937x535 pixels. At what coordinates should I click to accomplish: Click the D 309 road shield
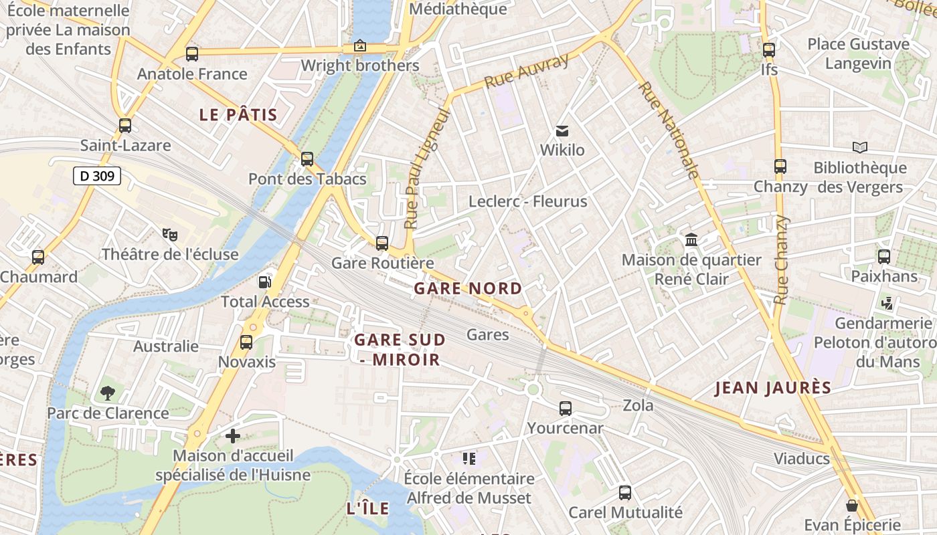tap(97, 177)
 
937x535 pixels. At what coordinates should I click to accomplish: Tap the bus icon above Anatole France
tap(192, 54)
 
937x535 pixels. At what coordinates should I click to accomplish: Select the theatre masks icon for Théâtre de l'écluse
tap(170, 234)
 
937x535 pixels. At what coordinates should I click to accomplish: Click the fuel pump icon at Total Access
tap(265, 282)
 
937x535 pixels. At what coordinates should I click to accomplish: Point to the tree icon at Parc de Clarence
tap(107, 393)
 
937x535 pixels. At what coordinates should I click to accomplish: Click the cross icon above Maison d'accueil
tap(232, 436)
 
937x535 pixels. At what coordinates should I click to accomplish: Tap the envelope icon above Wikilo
tap(562, 130)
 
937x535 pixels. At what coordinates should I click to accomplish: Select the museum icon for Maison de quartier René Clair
tap(691, 239)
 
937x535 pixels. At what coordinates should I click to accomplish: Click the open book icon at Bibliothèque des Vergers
tap(859, 147)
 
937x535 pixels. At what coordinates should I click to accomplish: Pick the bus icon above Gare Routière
tap(382, 243)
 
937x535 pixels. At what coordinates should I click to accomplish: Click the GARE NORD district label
tap(468, 289)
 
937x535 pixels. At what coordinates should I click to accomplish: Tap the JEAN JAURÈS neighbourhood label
tap(773, 388)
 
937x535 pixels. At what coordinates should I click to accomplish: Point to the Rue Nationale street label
tap(669, 130)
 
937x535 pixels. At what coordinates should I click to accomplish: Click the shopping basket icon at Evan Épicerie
tap(851, 506)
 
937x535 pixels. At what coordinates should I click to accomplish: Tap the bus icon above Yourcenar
tap(566, 408)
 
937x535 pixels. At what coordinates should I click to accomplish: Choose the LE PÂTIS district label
tap(238, 115)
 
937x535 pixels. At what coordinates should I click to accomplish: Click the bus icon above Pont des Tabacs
tap(307, 159)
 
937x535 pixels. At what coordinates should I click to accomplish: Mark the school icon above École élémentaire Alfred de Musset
tap(468, 459)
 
